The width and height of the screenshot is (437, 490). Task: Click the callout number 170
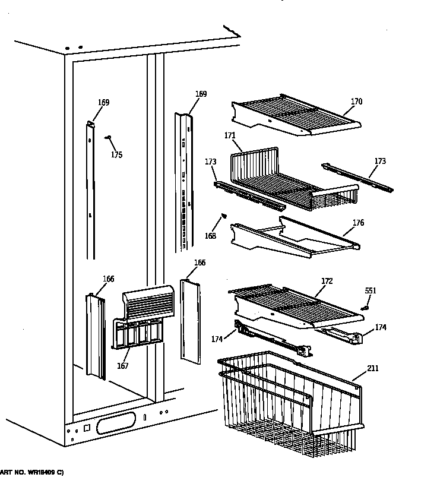click(356, 102)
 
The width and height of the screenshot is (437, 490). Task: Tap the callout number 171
click(230, 136)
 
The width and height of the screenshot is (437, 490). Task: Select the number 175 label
click(116, 155)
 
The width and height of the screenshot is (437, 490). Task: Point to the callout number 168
click(211, 236)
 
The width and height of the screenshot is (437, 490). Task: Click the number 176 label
click(358, 223)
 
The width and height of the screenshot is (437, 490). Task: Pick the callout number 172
click(327, 280)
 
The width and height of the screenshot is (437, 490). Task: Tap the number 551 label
click(370, 291)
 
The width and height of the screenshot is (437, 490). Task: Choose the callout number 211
click(372, 369)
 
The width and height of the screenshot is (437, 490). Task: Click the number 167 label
click(122, 366)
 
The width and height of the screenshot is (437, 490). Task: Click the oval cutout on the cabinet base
click(116, 423)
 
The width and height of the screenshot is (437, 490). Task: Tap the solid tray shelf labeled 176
click(297, 238)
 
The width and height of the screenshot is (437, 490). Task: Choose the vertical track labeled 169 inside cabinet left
click(91, 190)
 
